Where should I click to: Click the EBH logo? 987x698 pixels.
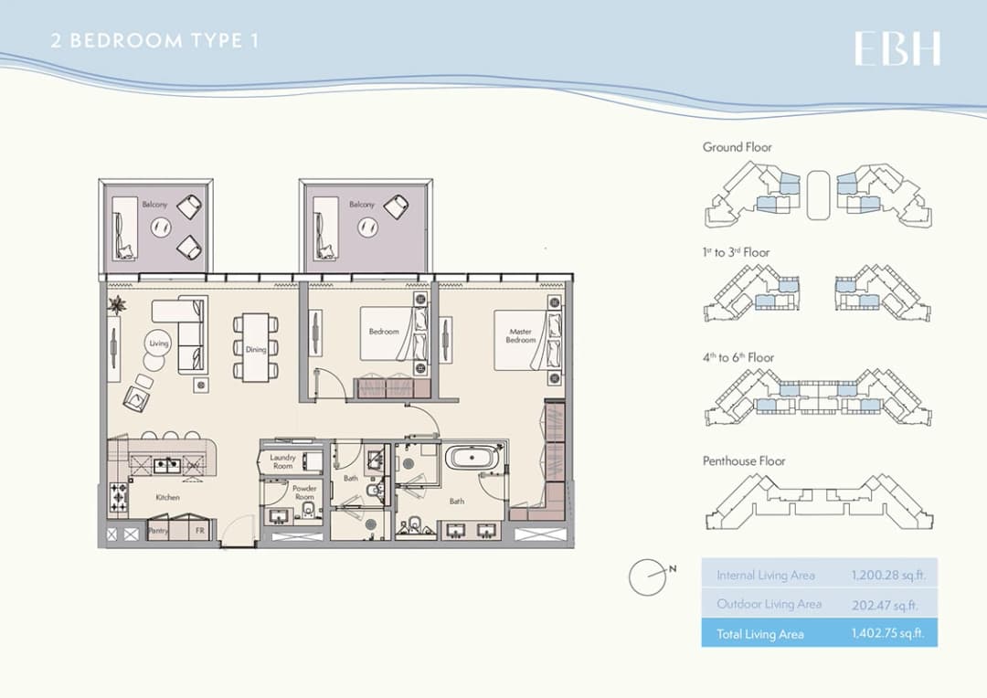pyautogui.click(x=897, y=48)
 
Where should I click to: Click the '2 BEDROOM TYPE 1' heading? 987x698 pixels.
pyautogui.click(x=154, y=41)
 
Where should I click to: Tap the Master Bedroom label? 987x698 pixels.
pyautogui.click(x=521, y=335)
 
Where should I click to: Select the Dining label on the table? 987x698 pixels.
pyautogui.click(x=256, y=349)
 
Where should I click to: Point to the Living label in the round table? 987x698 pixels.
pyautogui.click(x=159, y=343)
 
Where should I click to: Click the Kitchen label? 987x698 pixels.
pyautogui.click(x=167, y=497)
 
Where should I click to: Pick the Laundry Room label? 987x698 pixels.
pyautogui.click(x=282, y=462)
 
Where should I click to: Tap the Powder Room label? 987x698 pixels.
pyautogui.click(x=304, y=492)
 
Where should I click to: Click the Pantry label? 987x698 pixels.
pyautogui.click(x=158, y=531)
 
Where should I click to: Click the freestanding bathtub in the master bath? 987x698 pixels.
pyautogui.click(x=471, y=458)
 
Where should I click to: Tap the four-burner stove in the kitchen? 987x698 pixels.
pyautogui.click(x=118, y=497)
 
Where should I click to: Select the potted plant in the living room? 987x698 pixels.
pyautogui.click(x=117, y=305)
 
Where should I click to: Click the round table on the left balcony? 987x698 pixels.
pyautogui.click(x=161, y=227)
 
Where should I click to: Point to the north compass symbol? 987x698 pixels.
pyautogui.click(x=649, y=576)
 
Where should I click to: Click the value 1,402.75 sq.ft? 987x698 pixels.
pyautogui.click(x=887, y=632)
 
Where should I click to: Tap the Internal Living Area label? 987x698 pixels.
pyautogui.click(x=766, y=576)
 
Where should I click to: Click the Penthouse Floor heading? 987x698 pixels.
pyautogui.click(x=744, y=461)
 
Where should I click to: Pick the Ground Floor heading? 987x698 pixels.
pyautogui.click(x=738, y=147)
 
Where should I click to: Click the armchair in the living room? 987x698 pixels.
pyautogui.click(x=136, y=397)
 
